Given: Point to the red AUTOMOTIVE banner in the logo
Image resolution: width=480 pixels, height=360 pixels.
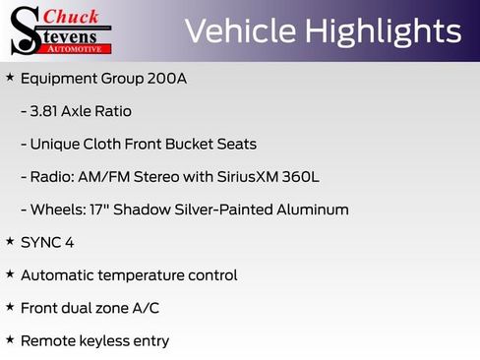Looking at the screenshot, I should click(x=85, y=47).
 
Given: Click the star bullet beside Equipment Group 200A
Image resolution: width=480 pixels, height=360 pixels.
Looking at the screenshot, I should click(x=10, y=77).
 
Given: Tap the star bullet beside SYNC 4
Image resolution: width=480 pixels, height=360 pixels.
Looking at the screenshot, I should click(x=10, y=241).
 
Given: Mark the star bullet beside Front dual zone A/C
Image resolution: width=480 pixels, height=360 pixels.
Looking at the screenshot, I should click(x=10, y=307).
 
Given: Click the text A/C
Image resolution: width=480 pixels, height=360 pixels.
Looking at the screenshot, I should click(x=144, y=308).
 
